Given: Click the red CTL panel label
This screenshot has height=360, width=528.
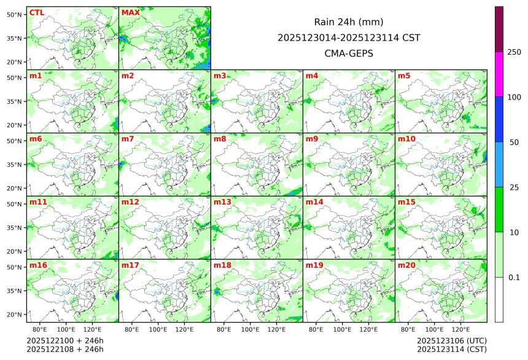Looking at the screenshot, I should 37,12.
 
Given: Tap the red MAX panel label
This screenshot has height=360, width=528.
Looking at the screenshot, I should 130,12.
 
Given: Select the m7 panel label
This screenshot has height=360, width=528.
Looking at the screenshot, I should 128,139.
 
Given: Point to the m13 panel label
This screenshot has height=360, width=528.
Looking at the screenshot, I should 222,202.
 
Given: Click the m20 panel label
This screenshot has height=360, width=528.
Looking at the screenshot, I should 406,265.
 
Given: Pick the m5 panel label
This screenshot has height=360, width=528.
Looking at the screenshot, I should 405,76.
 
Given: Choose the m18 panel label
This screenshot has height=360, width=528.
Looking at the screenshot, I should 222,265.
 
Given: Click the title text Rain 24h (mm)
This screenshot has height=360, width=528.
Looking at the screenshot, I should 349,22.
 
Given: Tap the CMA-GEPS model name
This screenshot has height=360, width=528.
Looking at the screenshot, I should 349,53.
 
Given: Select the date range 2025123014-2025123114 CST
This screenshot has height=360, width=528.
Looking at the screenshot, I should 349,37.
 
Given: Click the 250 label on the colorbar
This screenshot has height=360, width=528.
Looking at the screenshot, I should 514,52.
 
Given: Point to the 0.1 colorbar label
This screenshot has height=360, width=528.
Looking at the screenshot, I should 514,277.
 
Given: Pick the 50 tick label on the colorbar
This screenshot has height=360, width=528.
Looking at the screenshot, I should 514,142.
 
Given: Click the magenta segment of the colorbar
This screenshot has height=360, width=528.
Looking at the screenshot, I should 499,74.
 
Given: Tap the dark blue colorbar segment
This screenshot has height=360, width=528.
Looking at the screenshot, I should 499,119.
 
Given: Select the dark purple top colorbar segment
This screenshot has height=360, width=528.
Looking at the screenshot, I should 499,29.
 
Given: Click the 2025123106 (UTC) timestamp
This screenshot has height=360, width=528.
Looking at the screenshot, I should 451,340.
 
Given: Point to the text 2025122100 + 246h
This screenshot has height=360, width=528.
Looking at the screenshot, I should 65,340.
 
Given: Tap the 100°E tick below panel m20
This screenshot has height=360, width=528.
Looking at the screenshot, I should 435,330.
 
